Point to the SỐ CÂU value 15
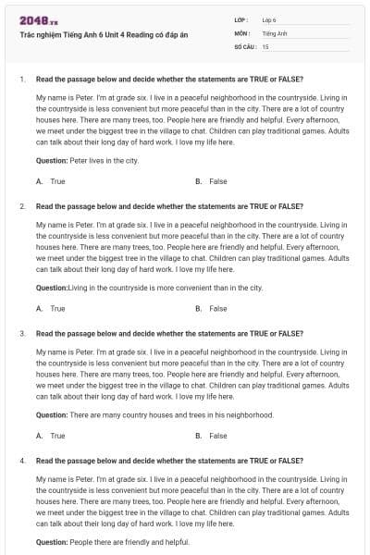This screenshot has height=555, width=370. coord(265,45)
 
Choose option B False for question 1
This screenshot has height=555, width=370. coord(213,181)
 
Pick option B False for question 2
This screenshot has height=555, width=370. coord(213,308)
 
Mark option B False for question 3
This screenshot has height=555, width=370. coord(213,435)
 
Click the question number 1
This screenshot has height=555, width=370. coord(21,79)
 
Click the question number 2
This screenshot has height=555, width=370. coord(21,205)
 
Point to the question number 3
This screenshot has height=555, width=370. coord(21,332)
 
